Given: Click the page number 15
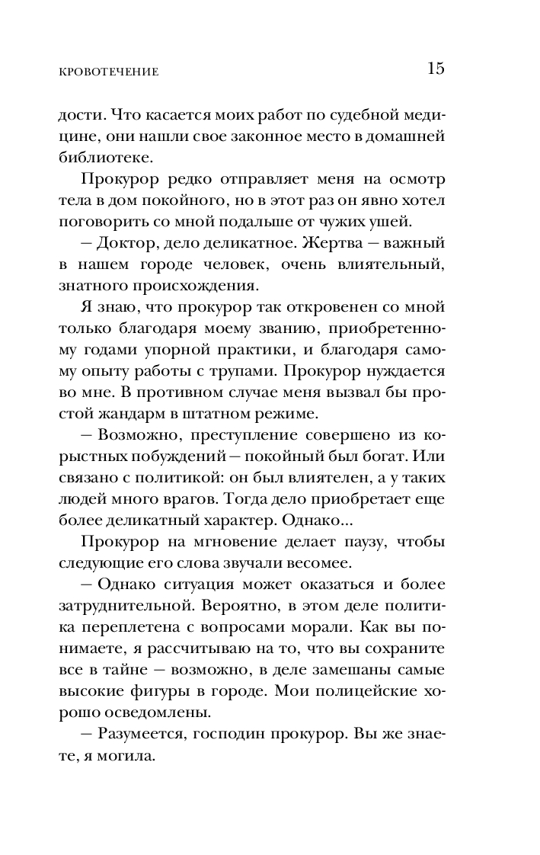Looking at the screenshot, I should (x=435, y=69).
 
